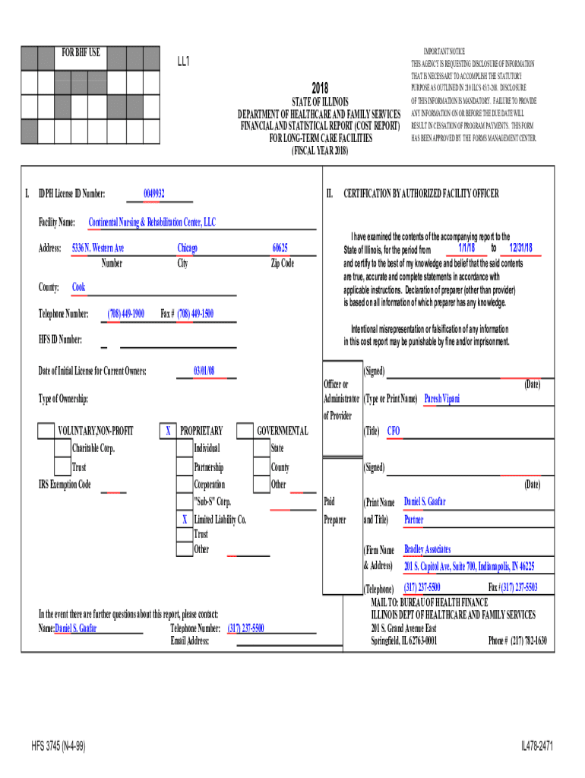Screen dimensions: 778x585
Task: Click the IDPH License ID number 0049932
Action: tap(154, 194)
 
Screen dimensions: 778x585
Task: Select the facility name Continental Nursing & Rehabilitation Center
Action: tap(152, 223)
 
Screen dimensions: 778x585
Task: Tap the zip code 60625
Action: tap(280, 248)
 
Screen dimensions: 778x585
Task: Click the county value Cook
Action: tap(78, 287)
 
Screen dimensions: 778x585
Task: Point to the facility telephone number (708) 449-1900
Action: tap(126, 314)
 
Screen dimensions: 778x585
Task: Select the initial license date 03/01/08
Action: tap(204, 371)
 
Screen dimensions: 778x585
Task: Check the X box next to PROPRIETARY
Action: tap(168, 432)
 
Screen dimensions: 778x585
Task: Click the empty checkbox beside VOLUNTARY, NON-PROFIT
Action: tap(46, 432)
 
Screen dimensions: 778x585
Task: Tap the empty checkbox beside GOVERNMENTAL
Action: tap(245, 432)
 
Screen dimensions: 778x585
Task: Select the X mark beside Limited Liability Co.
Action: tap(184, 520)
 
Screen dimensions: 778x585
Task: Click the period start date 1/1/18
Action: tap(466, 248)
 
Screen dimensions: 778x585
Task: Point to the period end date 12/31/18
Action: tap(520, 248)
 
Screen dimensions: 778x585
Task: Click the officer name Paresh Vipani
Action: tap(441, 399)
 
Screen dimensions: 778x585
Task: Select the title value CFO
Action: tap(394, 432)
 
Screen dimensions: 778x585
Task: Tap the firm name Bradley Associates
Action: tap(427, 549)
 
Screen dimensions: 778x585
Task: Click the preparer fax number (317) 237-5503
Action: tap(513, 587)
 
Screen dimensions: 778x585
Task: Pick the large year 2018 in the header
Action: tap(320, 89)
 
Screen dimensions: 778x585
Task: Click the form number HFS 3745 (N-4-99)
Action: tap(58, 747)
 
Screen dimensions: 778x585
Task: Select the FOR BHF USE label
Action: tap(81, 53)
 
